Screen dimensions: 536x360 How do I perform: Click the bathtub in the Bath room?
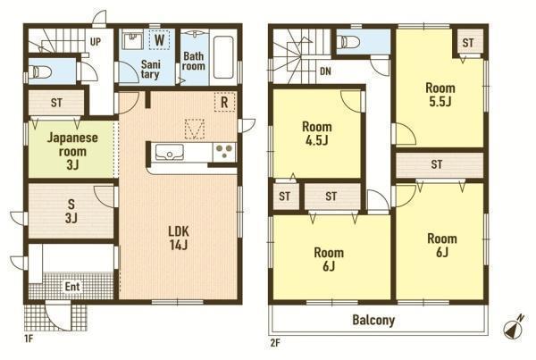223,57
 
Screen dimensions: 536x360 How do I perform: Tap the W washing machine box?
159,39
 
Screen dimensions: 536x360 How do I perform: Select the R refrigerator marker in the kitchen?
224,102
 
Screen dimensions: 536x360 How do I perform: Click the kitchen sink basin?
170,152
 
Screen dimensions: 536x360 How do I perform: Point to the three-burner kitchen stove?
224,152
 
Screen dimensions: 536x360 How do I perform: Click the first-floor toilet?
40,72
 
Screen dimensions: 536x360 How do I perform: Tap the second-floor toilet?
348,42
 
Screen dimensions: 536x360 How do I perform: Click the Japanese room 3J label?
72,151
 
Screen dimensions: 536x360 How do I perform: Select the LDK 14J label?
179,238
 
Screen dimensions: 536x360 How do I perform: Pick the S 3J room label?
71,211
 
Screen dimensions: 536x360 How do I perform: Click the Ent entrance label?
72,286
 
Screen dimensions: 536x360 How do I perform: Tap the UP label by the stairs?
96,42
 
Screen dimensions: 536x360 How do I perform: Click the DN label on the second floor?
325,71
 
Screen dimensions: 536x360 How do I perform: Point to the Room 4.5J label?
317,133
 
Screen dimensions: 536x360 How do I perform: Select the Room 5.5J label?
440,95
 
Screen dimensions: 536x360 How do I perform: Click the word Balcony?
373,320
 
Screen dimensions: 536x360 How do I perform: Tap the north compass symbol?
514,328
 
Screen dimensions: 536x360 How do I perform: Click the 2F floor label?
275,343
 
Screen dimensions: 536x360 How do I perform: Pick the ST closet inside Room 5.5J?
468,43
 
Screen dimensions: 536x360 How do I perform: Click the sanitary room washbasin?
132,40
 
